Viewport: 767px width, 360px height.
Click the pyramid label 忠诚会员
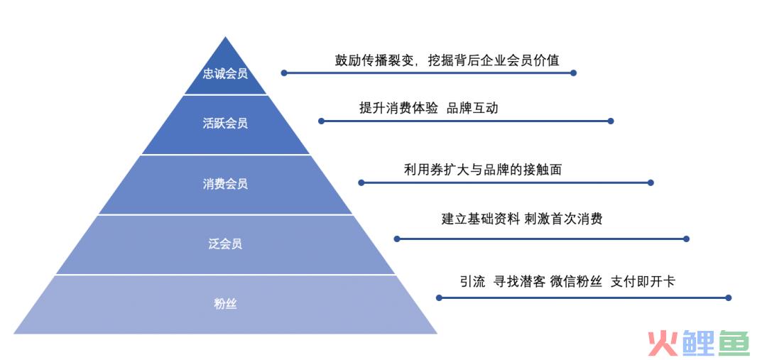pyautogui.click(x=225, y=74)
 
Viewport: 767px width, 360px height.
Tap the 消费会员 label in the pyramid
pyautogui.click(x=225, y=183)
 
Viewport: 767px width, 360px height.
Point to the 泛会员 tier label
pyautogui.click(x=225, y=244)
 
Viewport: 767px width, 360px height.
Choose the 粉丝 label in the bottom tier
pyautogui.click(x=225, y=304)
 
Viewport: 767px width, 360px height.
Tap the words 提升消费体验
pyautogui.click(x=398, y=108)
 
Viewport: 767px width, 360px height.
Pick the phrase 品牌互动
pyautogui.click(x=472, y=108)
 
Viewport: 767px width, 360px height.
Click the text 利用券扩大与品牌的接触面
pyautogui.click(x=482, y=169)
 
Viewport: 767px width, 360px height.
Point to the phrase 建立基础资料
pyautogui.click(x=480, y=218)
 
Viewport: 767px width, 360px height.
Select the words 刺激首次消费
pyautogui.click(x=563, y=218)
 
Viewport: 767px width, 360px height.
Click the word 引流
pyautogui.click(x=472, y=281)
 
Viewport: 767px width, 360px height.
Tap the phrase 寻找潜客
pyautogui.click(x=519, y=281)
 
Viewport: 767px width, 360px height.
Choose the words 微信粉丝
pyautogui.click(x=576, y=281)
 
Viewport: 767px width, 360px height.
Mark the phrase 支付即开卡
pyautogui.click(x=642, y=281)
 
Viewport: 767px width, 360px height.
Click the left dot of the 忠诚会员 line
pyautogui.click(x=283, y=73)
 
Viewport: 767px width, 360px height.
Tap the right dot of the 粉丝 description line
pyautogui.click(x=729, y=298)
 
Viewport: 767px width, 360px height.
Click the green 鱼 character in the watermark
pyautogui.click(x=734, y=342)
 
